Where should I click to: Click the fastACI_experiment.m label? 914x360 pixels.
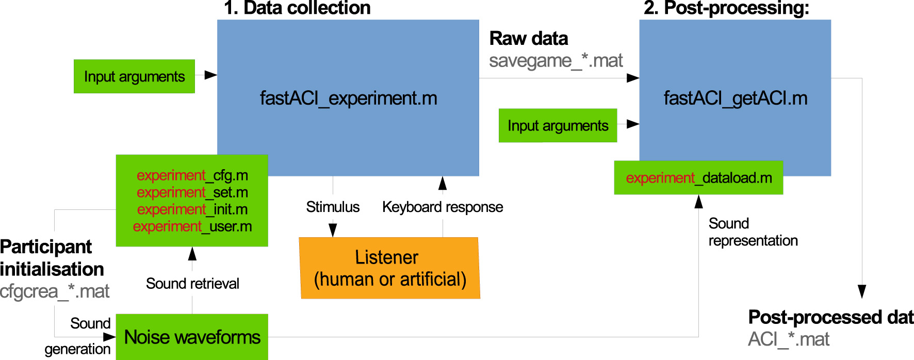coord(348,98)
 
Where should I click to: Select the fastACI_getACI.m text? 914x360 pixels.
coord(735,98)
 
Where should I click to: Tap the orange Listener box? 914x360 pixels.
coord(390,268)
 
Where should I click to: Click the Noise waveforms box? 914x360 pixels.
coord(192,337)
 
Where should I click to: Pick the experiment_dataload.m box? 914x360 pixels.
coord(698,178)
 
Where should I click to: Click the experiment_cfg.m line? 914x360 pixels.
coord(192,175)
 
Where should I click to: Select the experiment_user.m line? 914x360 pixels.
coord(192,226)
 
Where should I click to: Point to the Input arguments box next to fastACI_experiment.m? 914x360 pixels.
coord(134,76)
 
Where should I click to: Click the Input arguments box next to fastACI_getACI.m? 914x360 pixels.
coord(558,125)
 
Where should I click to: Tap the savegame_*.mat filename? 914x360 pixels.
coord(556,61)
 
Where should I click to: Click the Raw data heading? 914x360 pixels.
coord(528,39)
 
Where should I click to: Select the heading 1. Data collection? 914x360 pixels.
coord(297,8)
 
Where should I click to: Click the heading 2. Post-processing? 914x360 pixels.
coord(726,8)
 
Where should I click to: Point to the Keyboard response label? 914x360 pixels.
coord(443,207)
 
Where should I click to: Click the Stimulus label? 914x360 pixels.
coord(333,207)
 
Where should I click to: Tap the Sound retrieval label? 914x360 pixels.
coord(192,283)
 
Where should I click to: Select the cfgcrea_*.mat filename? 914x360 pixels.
coord(55,291)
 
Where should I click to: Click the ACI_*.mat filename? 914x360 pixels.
coord(789,339)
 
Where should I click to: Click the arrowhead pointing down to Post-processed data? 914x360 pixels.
coord(861,291)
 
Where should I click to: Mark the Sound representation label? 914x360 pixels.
coord(753,232)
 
